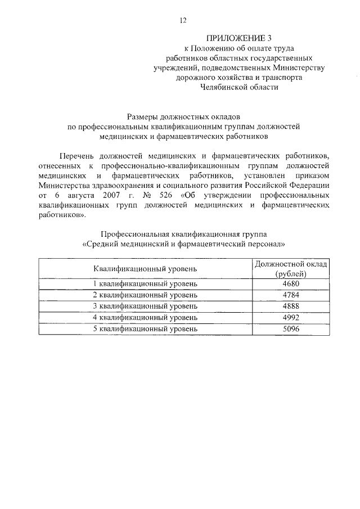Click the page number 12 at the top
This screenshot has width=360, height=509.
(183, 21)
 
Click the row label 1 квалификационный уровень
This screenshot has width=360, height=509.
(145, 283)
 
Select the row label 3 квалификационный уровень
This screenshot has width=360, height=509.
(145, 306)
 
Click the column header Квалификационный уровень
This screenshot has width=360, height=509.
(145, 268)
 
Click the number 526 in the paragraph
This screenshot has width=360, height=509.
(174, 195)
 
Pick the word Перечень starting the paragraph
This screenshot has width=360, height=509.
(76, 155)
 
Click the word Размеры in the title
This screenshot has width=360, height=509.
(143, 117)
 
